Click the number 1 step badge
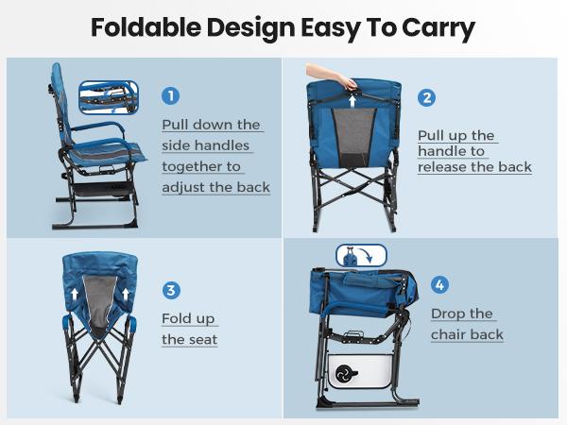coord(171,95)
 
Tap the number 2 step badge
coord(426,98)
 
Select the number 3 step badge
coord(171,290)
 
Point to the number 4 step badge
coord(439,284)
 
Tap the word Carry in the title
coord(438,28)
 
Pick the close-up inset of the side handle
coord(109,95)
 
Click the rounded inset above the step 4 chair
coord(361,256)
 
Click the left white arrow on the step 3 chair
coord(74,293)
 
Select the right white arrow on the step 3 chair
coord(127,293)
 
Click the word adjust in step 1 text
coord(187,187)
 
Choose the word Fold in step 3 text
coord(177,318)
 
